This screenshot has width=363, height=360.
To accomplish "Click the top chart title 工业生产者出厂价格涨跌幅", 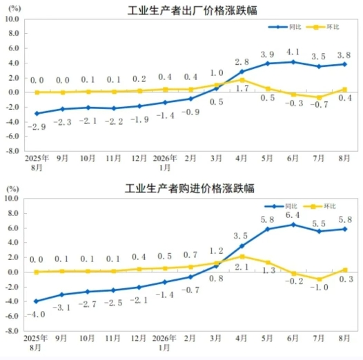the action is click(192, 10).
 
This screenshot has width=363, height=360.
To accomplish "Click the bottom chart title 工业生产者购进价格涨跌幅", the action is click(190, 188).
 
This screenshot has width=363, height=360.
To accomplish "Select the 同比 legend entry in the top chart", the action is click(285, 27).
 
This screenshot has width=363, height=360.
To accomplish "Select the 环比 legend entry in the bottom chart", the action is click(320, 206).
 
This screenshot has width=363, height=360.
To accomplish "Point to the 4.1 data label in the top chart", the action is click(293, 52).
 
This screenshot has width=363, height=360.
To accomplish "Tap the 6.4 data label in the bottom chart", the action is click(293, 215).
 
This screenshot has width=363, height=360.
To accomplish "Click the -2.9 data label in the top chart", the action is click(37, 127).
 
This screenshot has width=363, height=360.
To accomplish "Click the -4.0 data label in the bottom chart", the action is click(36, 314).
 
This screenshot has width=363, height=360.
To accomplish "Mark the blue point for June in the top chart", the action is click(293, 62).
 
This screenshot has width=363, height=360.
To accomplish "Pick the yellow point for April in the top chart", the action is click(242, 80).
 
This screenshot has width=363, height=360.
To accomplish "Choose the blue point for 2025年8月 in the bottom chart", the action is click(36, 301).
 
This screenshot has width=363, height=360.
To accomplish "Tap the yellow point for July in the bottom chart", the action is click(320, 279).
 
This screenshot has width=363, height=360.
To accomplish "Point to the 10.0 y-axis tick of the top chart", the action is click(12, 19).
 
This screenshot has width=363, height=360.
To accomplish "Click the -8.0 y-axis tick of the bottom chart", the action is click(12, 331).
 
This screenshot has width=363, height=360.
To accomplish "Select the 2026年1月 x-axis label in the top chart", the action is click(165, 163).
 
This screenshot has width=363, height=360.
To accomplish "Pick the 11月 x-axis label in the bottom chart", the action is click(113, 339).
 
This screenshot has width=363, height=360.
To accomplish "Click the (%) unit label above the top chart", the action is click(14, 8).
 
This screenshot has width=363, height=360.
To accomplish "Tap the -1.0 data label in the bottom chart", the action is click(319, 288).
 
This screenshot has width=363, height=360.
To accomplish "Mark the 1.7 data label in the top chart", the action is click(242, 88).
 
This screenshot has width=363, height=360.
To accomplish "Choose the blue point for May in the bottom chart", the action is click(268, 229).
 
